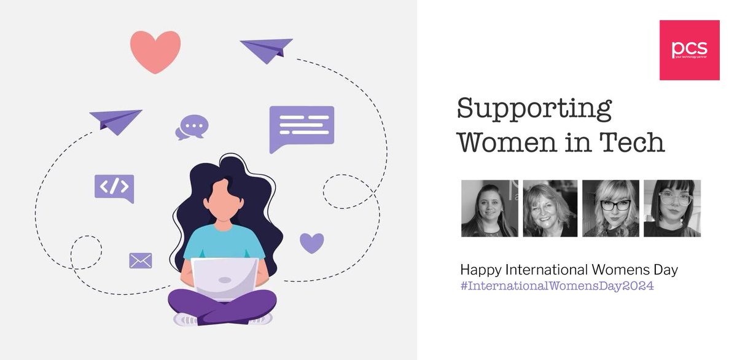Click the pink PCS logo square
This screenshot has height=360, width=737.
click(689, 50)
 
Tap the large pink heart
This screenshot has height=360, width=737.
click(155, 50)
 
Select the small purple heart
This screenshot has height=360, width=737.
click(311, 243)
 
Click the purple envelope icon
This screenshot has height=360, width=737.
click(140, 260)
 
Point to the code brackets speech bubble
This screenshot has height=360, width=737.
click(114, 187)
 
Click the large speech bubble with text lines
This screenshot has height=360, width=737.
click(302, 127)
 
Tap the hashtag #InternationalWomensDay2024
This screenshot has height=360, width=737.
click(557, 286)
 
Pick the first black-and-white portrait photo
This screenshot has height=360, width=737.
click(489, 208)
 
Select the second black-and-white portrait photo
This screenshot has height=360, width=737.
click(550, 208)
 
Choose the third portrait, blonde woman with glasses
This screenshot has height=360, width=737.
click(610, 208)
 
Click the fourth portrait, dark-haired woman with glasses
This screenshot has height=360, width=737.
click(671, 208)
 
